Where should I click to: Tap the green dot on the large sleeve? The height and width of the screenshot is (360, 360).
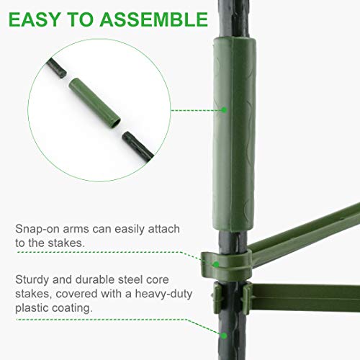(224, 110)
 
